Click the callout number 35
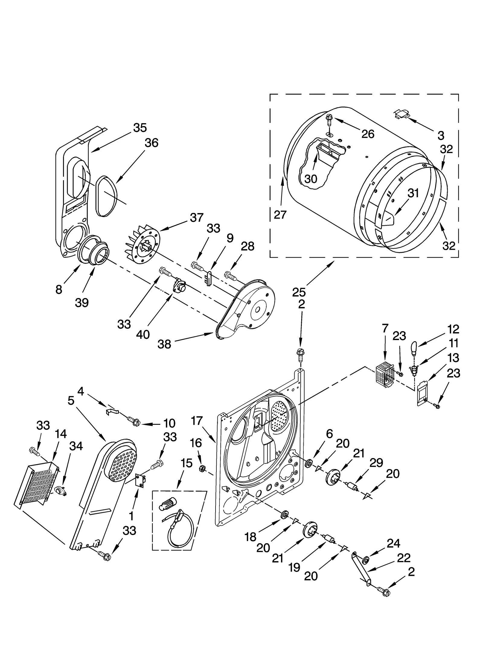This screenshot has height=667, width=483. pos(140,128)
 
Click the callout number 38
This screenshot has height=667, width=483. pos(164,344)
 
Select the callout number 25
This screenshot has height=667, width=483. pos(299,292)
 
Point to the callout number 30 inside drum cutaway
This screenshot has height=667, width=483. pos(311,179)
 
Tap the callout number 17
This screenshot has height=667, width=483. pos(197,421)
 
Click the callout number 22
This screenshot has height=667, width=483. pos(404,558)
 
